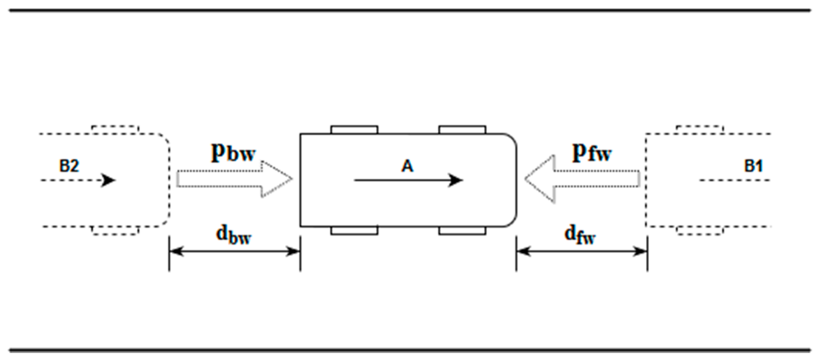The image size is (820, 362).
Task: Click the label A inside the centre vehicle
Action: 407,166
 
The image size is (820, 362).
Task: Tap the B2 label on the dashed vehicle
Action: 69,166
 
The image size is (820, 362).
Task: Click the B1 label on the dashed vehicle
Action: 753,166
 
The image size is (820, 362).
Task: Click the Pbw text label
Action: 233,152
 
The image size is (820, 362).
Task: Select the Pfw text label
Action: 592,152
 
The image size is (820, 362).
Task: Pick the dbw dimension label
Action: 233,235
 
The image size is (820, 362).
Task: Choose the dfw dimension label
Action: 580,235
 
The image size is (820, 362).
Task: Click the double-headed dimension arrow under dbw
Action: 235,251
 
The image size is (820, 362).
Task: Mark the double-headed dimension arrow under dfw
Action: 582,251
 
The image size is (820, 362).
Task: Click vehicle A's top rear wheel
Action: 354,130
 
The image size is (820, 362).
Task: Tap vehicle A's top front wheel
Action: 462,130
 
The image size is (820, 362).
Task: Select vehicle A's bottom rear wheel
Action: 354,231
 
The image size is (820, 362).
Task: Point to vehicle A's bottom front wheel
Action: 462,231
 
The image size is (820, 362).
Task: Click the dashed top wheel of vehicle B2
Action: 115,130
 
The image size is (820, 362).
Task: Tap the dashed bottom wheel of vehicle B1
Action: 700,231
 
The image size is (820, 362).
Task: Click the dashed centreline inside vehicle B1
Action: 734,180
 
